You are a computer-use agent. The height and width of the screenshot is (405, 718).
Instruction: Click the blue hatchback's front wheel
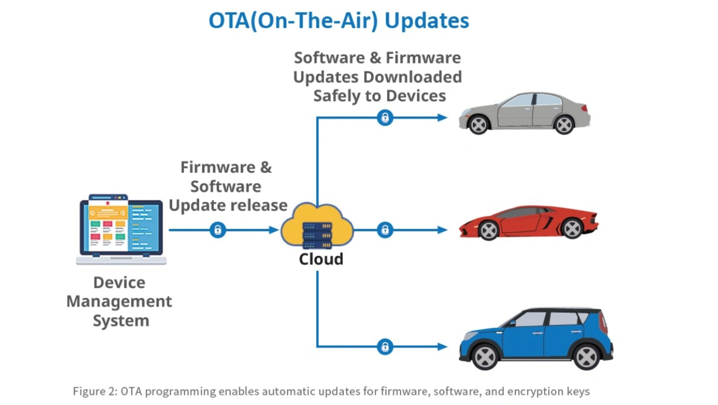pos(485,356)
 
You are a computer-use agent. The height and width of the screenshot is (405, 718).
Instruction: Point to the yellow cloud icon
pos(317,224)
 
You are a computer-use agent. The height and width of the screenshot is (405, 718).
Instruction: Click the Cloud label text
pos(321,259)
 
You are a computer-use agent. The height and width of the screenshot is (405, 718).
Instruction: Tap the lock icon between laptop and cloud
pos(218,230)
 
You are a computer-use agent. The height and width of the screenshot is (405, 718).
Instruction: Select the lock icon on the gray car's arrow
pos(385,118)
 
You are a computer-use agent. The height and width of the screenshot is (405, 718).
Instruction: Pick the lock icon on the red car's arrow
pos(385,230)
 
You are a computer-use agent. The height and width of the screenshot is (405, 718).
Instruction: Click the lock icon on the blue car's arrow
pos(385,346)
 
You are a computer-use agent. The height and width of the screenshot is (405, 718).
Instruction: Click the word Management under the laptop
pos(119,301)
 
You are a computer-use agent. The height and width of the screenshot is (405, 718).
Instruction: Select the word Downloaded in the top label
pos(412,77)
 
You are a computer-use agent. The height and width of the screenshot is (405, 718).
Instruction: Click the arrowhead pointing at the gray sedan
pos(443,118)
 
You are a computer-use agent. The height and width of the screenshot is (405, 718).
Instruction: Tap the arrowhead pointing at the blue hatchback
pos(443,346)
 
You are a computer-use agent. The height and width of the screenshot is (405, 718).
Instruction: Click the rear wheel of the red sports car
pos(573,228)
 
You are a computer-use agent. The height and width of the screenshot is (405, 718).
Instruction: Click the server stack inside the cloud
pos(317,236)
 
